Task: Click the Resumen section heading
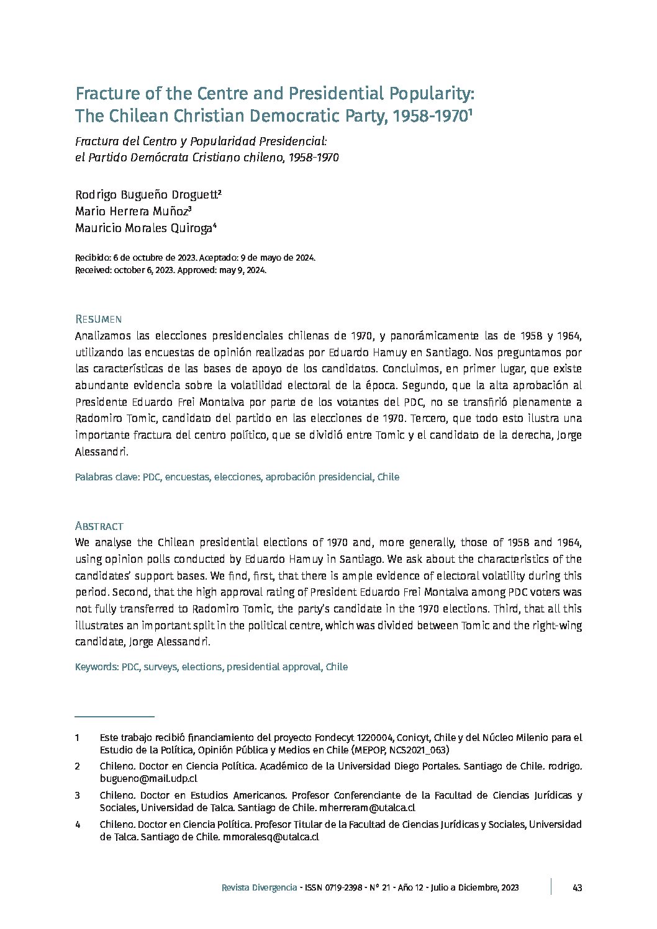coord(97,319)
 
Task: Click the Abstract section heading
coord(99,526)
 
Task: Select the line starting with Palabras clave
coord(237,477)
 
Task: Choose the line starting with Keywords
coord(211,667)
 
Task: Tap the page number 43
coord(577,888)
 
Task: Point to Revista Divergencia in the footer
coord(259,888)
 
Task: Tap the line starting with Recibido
coord(195,258)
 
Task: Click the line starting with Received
coord(171,270)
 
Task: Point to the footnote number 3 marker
coord(78,796)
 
